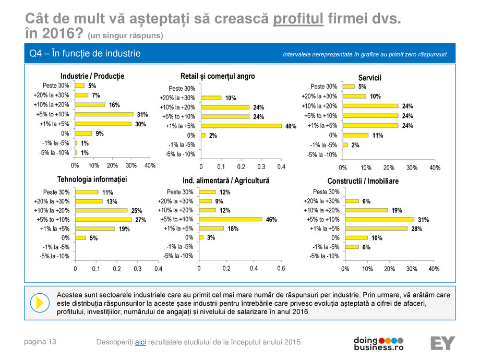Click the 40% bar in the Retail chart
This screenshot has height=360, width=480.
tap(241, 126)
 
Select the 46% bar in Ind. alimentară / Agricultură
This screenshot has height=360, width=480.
tap(230, 219)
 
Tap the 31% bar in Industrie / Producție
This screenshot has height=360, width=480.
tap(104, 114)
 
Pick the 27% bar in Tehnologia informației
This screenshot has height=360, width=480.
tap(103, 220)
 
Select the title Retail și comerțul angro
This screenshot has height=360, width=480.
tap(218, 76)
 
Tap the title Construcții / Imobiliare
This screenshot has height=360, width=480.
tap(363, 181)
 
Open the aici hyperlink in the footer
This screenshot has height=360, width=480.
tap(140, 342)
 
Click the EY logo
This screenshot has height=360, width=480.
tap(442, 343)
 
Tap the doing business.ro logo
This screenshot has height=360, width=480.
tap(378, 343)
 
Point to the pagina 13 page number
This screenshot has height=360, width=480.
tap(40, 342)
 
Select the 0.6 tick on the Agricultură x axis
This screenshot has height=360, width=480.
tap(281, 268)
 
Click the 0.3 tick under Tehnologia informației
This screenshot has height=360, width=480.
tap(137, 269)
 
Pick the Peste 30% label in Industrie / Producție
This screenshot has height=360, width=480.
tap(56, 86)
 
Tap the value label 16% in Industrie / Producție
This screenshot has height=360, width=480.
tap(114, 105)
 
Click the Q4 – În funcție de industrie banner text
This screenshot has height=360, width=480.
tap(85, 54)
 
